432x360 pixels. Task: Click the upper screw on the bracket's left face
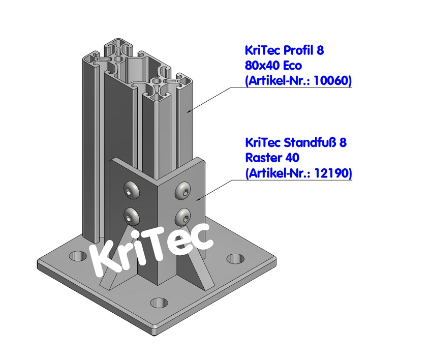click(x=131, y=191)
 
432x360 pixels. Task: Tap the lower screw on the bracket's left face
click(x=132, y=217)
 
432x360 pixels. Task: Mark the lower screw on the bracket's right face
click(x=183, y=217)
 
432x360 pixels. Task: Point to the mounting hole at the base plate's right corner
click(x=235, y=258)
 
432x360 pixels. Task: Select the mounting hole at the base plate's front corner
click(x=160, y=303)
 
